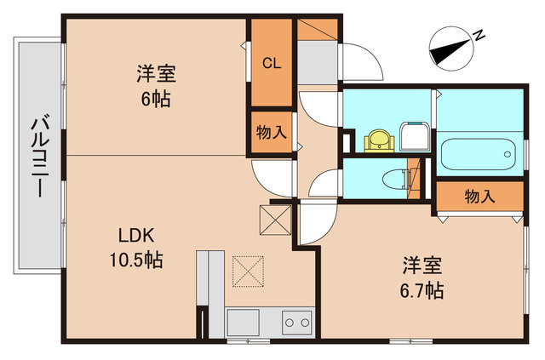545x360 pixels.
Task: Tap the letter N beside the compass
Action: coord(479,35)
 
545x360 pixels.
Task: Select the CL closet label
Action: coord(271,63)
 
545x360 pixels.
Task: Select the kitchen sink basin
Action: coord(243,323)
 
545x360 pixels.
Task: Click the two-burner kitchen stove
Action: coord(297,323)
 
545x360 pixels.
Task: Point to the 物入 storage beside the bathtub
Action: coord(479,197)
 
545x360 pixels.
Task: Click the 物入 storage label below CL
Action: coord(271,133)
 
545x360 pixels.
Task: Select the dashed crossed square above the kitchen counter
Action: coord(249,273)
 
